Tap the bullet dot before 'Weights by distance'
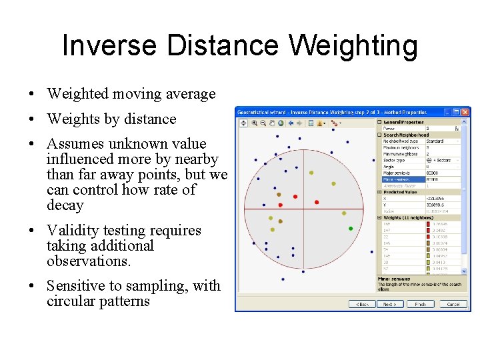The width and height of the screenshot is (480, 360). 31,120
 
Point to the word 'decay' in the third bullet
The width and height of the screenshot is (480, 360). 65,205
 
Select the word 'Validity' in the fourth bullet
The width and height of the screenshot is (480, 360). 72,231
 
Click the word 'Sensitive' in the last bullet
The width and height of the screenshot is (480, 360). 75,286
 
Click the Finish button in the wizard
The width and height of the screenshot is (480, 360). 420,304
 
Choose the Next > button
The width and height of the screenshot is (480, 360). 389,304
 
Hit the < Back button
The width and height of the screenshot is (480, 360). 362,304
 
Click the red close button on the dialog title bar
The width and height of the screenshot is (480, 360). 465,111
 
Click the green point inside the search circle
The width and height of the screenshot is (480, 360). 351,229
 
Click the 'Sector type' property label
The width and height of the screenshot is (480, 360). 394,160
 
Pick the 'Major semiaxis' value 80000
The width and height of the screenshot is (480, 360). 434,173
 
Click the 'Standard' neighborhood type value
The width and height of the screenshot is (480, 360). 435,141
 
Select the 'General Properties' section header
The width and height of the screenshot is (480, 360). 403,123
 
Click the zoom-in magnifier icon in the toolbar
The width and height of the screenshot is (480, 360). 255,123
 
